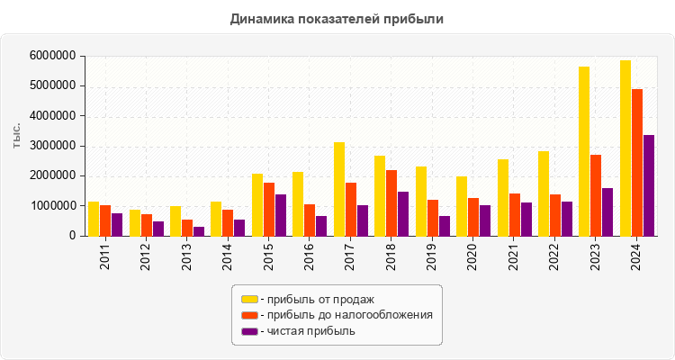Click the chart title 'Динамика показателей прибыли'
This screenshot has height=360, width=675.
click(337, 18)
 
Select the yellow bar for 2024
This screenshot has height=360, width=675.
click(625, 148)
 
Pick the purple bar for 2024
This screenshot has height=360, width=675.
click(649, 185)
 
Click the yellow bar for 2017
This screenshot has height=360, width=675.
click(339, 189)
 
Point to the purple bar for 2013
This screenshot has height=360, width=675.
click(199, 231)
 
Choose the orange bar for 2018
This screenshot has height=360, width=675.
click(391, 202)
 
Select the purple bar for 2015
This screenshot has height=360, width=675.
click(281, 215)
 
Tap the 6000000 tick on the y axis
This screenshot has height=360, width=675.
click(51, 56)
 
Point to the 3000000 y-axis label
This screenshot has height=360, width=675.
click(51, 146)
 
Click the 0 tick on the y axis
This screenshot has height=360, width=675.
click(70, 236)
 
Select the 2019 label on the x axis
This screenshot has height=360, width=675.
click(432, 256)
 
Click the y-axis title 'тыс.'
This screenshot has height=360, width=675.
click(17, 135)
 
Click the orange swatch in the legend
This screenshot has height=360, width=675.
click(249, 315)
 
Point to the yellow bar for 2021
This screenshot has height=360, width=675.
click(503, 197)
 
